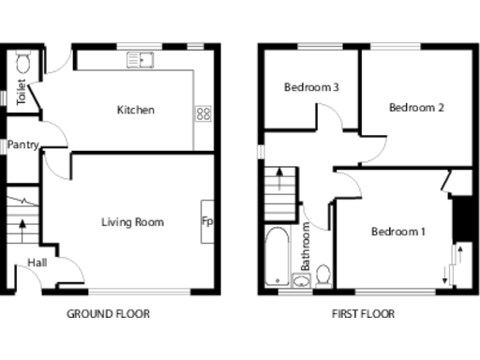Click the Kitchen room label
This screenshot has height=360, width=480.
[135, 110]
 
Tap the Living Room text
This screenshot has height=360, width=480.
[132, 222]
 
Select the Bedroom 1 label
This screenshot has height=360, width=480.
[397, 232]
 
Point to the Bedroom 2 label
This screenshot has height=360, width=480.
[416, 107]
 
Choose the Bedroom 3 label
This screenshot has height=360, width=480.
[310, 87]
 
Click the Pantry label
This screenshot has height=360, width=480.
[22, 145]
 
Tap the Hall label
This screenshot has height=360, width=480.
[37, 262]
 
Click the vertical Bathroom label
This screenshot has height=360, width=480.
[306, 246]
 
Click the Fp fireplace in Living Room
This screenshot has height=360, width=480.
[206, 222]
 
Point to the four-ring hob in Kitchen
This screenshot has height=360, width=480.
[202, 113]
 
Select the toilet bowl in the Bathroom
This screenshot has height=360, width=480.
[322, 276]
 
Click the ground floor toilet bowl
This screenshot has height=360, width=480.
[23, 63]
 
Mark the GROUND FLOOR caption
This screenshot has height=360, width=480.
[108, 314]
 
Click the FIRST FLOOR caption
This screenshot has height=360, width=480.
[363, 314]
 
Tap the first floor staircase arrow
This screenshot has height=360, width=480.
[277, 178]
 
